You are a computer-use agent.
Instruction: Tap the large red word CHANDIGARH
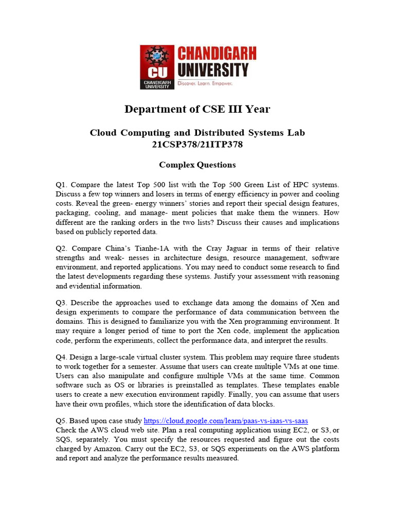tap(216, 53)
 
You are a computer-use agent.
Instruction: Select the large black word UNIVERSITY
tap(212, 69)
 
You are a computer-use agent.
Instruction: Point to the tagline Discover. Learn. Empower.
tap(205, 83)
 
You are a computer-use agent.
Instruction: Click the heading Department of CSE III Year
tap(197, 109)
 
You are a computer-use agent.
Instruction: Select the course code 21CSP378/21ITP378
tap(197, 145)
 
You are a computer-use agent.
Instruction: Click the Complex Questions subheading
tap(197, 165)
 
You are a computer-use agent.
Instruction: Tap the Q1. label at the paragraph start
tap(62, 184)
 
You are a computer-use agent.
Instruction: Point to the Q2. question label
tap(62, 249)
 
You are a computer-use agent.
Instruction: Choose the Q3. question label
tap(62, 303)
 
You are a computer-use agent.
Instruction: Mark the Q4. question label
tap(62, 357)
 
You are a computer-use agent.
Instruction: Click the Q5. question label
tap(62, 420)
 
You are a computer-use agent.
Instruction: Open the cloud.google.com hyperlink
tap(226, 420)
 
